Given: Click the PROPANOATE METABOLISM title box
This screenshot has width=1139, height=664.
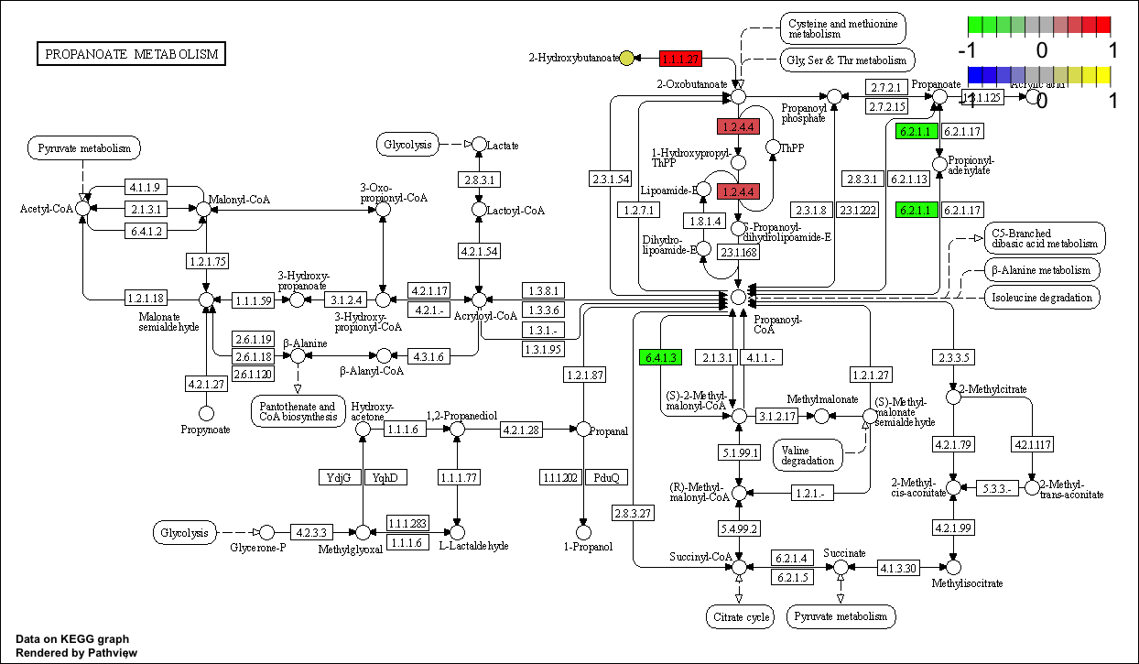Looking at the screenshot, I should click(x=131, y=54).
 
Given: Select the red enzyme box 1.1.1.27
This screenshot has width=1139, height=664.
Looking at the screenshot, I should click(x=680, y=59).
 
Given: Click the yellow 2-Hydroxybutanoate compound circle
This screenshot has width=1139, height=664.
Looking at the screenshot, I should click(x=626, y=59).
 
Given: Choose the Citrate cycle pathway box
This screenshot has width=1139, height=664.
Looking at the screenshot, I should click(x=740, y=616).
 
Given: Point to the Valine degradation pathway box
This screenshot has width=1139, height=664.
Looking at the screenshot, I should click(x=808, y=454).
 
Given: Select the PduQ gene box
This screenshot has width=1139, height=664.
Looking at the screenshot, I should click(x=606, y=477).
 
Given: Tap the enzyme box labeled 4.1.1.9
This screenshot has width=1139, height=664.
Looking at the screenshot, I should click(x=144, y=188).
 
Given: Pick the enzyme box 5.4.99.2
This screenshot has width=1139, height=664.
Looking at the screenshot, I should click(x=740, y=528).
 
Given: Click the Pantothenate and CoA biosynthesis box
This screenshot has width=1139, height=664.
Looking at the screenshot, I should click(x=298, y=411).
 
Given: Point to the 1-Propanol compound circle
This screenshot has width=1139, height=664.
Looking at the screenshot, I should click(x=582, y=531).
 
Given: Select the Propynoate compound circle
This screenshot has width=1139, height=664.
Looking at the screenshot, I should click(x=207, y=414).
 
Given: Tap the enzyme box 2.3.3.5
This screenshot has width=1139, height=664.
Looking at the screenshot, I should click(x=954, y=357).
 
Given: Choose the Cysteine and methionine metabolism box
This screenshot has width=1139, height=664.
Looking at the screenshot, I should click(x=841, y=27).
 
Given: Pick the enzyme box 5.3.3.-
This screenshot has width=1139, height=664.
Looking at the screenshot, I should click(x=997, y=487).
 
